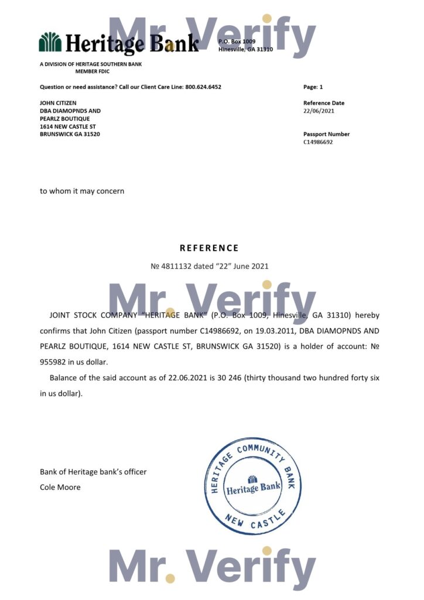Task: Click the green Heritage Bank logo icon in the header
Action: pos(50,42)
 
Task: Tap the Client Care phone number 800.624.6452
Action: pos(203,87)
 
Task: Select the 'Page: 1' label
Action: pos(313,87)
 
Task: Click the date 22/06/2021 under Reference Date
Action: pos(319,111)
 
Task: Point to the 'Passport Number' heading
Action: pos(326,134)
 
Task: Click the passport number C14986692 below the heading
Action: pos(318,142)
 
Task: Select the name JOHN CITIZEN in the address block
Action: pos(58,103)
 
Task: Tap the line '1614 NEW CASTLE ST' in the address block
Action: pos(67,126)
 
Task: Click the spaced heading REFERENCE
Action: pos(209,248)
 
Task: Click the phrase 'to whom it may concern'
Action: pos(82,190)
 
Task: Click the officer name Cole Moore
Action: pos(60,487)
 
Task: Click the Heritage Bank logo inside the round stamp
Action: pos(253,486)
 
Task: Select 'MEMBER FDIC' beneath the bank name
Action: pos(93,71)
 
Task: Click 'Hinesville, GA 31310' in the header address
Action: pos(245,49)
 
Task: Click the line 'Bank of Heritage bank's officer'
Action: pos(93,472)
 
